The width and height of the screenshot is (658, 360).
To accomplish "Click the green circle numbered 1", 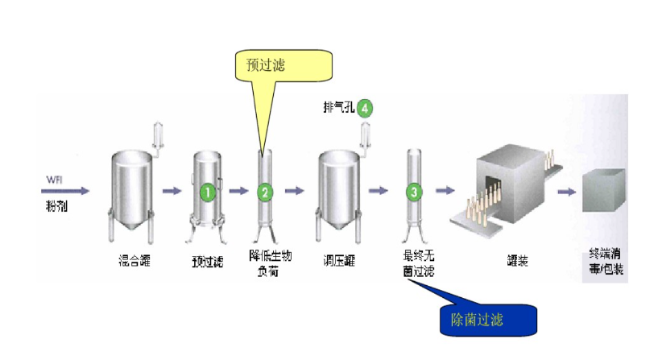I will (x=208, y=192).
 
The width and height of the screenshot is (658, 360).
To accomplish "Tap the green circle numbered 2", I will (x=265, y=192).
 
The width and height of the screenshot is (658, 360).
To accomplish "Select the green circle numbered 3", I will (x=413, y=192).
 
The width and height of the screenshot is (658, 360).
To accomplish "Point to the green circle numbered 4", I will (x=366, y=107).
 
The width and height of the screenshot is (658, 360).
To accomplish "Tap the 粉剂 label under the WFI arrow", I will (x=56, y=207).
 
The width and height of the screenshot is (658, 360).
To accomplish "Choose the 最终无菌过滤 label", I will (x=418, y=263).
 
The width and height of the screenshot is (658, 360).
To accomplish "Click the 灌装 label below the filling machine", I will (x=518, y=260).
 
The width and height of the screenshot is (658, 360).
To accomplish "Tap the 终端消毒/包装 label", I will (x=606, y=262).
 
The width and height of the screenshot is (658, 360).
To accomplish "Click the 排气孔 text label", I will (x=338, y=106).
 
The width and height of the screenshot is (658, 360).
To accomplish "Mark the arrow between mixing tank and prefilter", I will (x=172, y=192).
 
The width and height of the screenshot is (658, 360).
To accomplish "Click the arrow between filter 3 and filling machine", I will (x=445, y=192).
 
